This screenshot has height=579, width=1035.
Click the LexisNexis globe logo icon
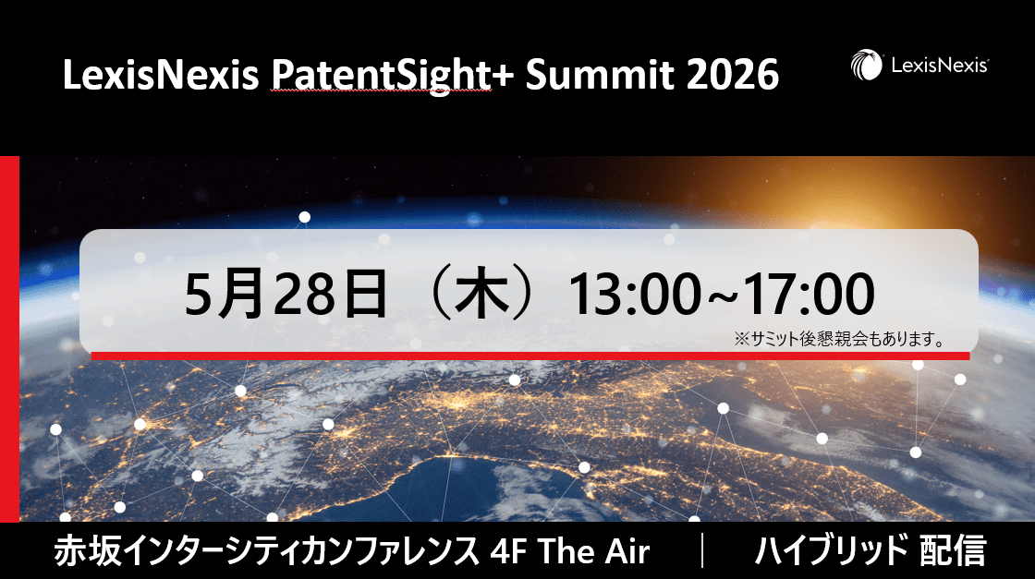(x=867, y=66)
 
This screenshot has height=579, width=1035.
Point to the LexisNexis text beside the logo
(x=940, y=66)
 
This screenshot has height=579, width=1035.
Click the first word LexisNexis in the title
(x=161, y=76)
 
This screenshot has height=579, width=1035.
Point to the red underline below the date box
(x=530, y=355)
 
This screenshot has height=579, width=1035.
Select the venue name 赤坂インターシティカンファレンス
(x=268, y=552)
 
